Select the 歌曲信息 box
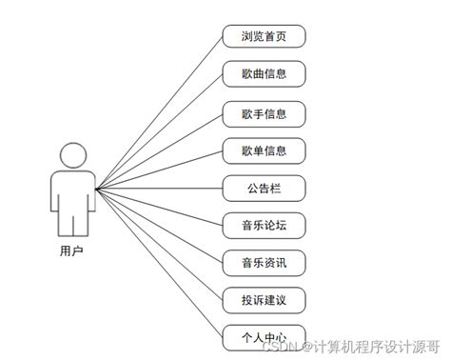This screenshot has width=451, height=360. coord(264,73)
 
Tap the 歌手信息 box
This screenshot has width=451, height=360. coord(264,113)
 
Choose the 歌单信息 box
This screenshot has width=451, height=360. coord(264,150)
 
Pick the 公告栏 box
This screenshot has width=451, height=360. coord(264,188)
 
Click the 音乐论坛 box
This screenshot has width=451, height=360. coord(264,225)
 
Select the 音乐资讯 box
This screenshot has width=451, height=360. coord(264,261)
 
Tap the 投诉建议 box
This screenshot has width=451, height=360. coord(264,299)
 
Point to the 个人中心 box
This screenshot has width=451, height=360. coord(264,336)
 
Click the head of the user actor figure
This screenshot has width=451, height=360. coord(73,154)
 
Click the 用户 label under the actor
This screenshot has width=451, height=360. coord(72,251)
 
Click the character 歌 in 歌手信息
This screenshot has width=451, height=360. coord(246,113)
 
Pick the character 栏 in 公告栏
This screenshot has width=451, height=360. coord(277,188)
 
